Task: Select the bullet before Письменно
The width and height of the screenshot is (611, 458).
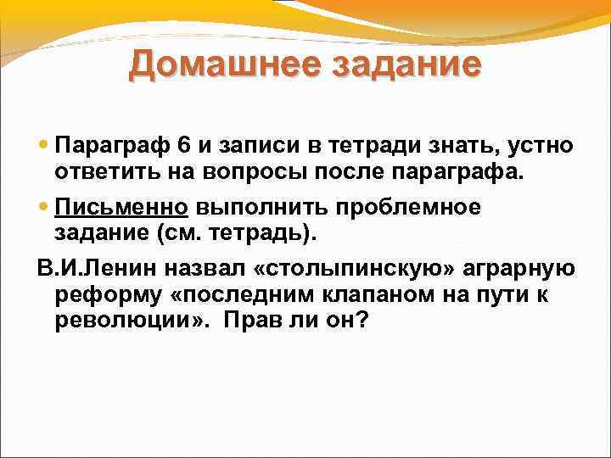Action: [x=43, y=207]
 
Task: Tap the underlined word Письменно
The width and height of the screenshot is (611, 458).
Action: [x=120, y=207]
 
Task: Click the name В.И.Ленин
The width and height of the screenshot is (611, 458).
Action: [x=93, y=269]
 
